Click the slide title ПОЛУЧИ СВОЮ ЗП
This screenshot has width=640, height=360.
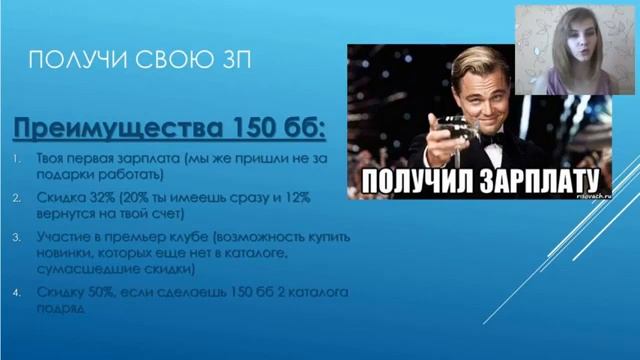point(141,63)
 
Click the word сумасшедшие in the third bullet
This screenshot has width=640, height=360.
point(73,269)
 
